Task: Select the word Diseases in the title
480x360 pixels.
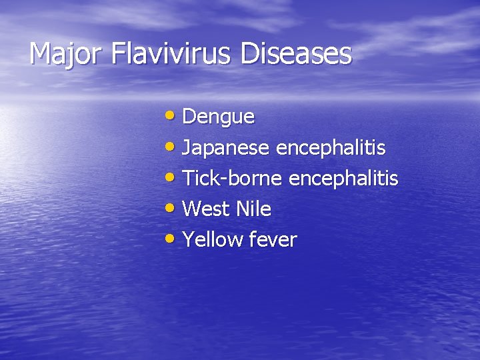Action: [x=295, y=54]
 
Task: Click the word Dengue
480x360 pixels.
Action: [x=218, y=117]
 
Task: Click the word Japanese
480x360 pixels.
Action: [x=226, y=147]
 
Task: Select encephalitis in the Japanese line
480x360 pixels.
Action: [x=331, y=147]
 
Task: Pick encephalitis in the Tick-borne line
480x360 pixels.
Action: [x=343, y=179]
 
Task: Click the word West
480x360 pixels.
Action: [x=206, y=209]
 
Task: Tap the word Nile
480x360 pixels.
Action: [x=253, y=209]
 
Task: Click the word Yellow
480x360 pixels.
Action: [x=213, y=240]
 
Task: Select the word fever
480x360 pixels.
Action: [x=273, y=240]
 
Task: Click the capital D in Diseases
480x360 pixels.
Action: [x=249, y=54]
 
